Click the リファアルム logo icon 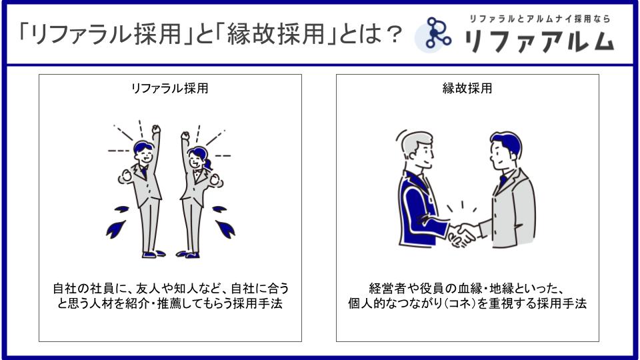433,34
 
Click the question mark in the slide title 394,34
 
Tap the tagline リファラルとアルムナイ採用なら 539,19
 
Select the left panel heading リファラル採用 169,88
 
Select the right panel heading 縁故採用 467,88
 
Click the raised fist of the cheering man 156,129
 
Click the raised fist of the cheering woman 185,135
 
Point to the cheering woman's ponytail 207,164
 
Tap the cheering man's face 145,155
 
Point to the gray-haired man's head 417,149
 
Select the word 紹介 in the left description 137,304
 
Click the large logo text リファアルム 539,41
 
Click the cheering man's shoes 153,254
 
